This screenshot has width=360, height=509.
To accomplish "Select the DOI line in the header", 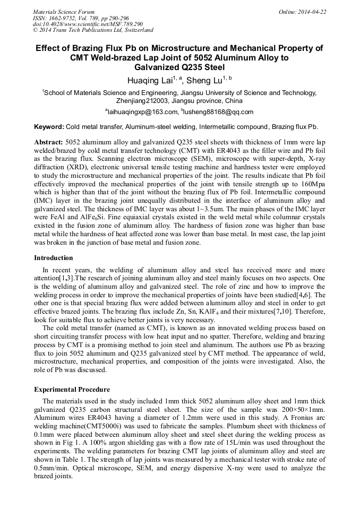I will coord(88,24).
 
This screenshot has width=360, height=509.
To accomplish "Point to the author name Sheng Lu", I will coord(204,81).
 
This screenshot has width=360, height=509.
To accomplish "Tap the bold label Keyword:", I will coord(49,127).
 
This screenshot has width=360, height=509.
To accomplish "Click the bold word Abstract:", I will coord(48,144).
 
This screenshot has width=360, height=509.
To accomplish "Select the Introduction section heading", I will coord(54,258).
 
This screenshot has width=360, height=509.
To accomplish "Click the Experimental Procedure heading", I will coord(72,389).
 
